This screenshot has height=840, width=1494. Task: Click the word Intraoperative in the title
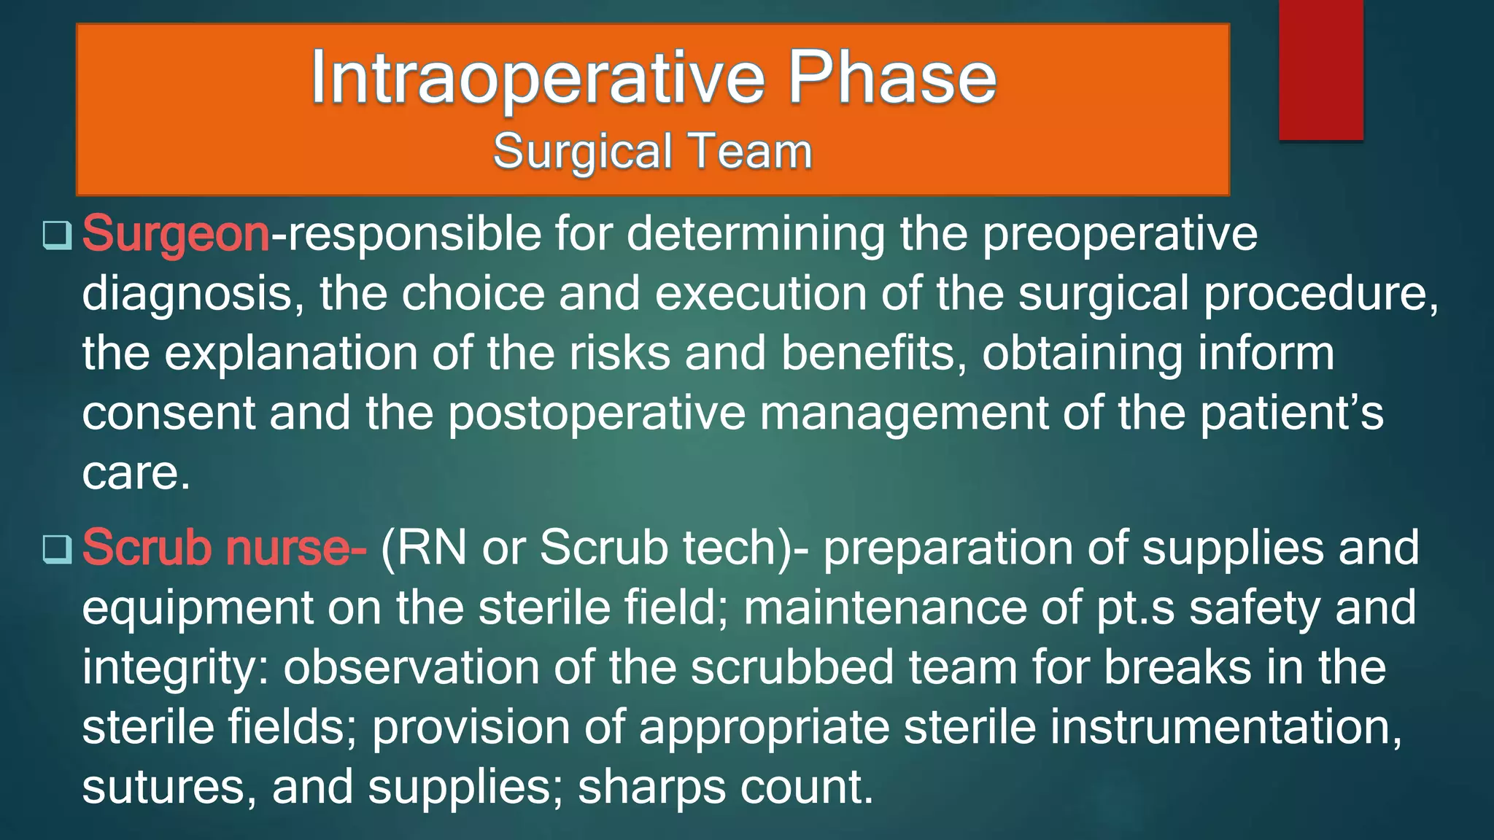[x=538, y=79]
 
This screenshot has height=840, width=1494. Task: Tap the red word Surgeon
[x=176, y=235]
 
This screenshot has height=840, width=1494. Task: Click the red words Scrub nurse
[x=223, y=548]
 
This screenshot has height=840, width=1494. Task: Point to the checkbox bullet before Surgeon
[x=57, y=236]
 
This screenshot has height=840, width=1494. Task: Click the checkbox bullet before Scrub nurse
[x=57, y=548]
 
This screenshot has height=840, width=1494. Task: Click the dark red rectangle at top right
[x=1320, y=69]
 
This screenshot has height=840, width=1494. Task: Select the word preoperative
[x=1120, y=235]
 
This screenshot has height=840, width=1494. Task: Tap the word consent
[x=168, y=413]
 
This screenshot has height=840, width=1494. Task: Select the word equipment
[x=197, y=609]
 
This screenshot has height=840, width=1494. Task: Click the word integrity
[x=175, y=669]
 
